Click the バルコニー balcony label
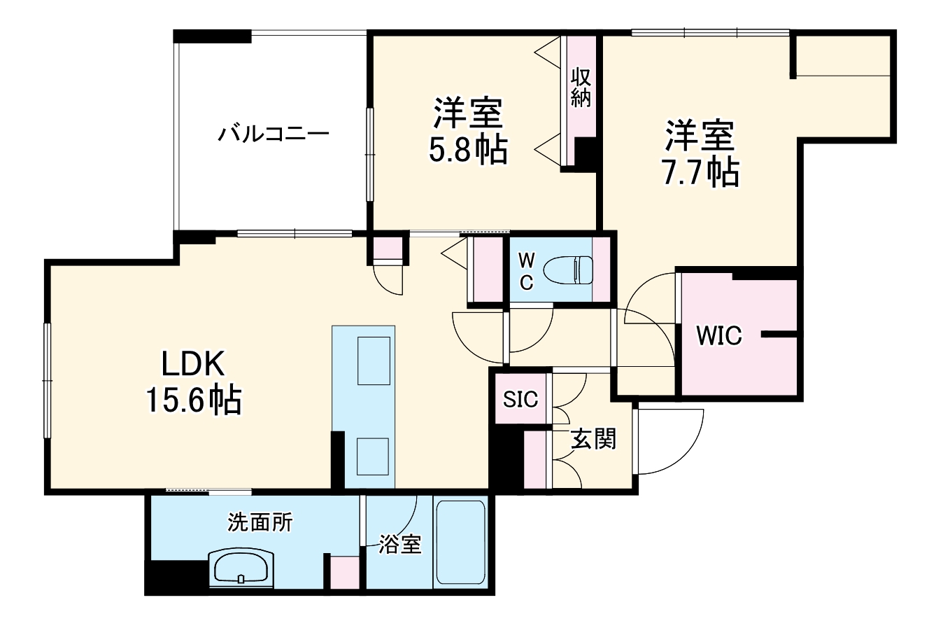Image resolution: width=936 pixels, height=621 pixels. coord(273,133)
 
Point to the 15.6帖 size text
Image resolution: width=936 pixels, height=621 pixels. coord(194,400)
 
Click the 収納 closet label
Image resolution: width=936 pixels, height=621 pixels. coord(581,87)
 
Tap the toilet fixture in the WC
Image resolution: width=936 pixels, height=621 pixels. coord(568,270)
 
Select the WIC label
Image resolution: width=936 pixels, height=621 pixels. coord(718,336)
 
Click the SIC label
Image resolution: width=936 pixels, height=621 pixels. coord(521,399)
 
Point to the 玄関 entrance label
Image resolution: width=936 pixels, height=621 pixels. coord(594,439)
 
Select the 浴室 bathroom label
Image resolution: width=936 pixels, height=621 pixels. coord(400,545)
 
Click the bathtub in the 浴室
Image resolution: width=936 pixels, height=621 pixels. coord(460,543)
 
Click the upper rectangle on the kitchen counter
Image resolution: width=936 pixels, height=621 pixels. coord(374,360)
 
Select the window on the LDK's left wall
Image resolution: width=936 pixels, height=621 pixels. coord(48,379)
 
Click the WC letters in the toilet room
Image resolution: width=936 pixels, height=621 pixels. coord(526,270)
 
